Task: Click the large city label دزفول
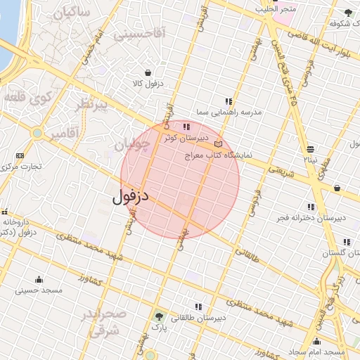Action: pyautogui.click(x=131, y=196)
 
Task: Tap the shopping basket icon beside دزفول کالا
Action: pyautogui.click(x=148, y=72)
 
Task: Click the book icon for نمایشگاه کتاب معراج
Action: pyautogui.click(x=218, y=143)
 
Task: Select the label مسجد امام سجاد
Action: pyautogui.click(x=320, y=351)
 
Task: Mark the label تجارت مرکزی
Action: pyautogui.click(x=22, y=167)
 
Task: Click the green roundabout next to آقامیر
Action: pyautogui.click(x=37, y=132)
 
